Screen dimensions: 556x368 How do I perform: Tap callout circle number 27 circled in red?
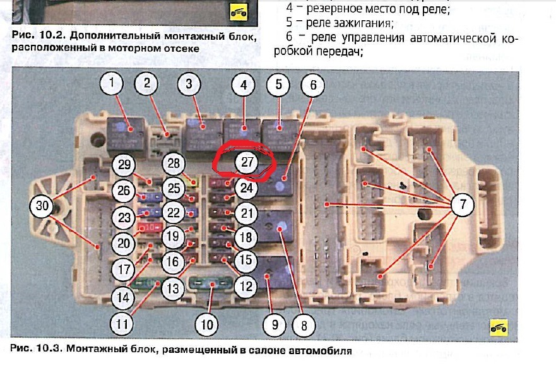point(247,162)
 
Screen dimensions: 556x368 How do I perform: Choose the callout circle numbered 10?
point(206,326)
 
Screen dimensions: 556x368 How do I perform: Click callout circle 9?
point(274,326)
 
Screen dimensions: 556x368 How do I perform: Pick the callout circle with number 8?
point(304,326)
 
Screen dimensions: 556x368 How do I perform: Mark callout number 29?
point(124,165)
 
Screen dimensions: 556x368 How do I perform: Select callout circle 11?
point(121,324)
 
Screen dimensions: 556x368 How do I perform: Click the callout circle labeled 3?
point(189,83)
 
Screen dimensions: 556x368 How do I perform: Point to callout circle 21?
point(246,212)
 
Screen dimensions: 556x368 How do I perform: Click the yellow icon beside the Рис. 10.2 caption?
point(239,12)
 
